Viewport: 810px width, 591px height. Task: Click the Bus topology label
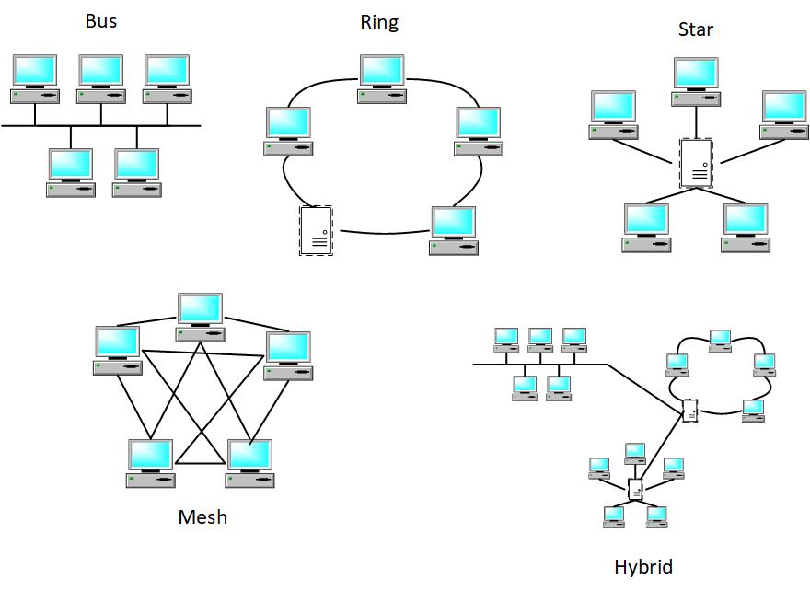[x=101, y=21]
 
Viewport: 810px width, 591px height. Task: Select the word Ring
[x=379, y=23]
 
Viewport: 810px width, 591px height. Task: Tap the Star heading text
[x=696, y=29]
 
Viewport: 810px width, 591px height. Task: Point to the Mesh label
[x=202, y=517]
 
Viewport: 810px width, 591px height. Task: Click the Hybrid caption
[x=643, y=567]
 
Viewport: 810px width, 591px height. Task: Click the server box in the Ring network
[x=316, y=230]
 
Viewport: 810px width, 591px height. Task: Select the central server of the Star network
[x=697, y=164]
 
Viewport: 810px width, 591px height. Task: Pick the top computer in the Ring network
[x=383, y=79]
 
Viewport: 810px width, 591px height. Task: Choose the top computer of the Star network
[x=697, y=82]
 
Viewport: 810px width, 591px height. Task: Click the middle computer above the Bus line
[x=101, y=79]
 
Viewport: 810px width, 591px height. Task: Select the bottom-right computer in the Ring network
[x=454, y=231]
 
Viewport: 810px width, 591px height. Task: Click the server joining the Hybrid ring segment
[x=690, y=411]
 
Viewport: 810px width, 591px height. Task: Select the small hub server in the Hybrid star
[x=635, y=489]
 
